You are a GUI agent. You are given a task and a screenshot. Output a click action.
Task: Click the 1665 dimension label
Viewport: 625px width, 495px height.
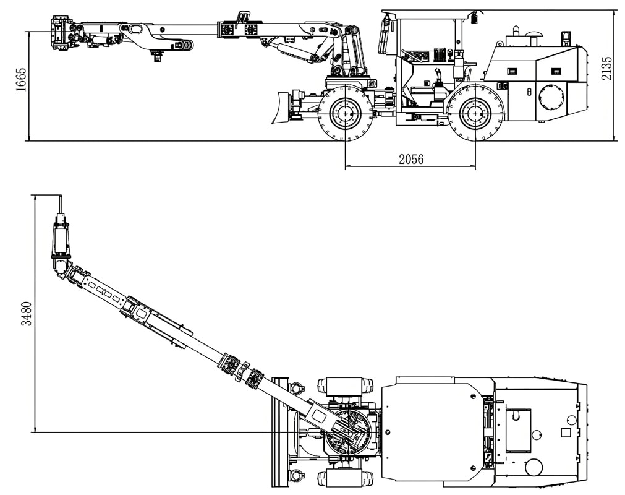point(21,79)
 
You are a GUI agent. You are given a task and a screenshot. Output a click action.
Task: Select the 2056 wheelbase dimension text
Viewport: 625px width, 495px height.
point(410,159)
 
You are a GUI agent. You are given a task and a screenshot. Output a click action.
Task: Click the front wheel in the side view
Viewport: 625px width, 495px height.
point(345,113)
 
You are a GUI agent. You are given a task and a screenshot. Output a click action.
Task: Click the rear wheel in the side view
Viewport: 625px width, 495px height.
point(475,113)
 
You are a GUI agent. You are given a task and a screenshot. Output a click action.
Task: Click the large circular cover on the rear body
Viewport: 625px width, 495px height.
point(551,98)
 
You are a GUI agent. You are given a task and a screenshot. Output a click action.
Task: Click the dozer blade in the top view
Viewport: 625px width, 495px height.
point(280,431)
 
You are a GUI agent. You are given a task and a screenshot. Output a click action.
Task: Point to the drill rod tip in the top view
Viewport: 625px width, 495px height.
point(60,201)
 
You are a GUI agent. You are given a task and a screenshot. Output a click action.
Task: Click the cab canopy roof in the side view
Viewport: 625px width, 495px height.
point(429,13)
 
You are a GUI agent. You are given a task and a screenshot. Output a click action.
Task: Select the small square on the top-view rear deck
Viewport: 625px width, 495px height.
point(565,433)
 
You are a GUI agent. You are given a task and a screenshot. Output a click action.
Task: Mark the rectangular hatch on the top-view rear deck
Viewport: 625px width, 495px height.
point(518,431)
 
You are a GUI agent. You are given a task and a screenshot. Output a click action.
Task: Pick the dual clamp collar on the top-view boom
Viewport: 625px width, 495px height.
point(242,371)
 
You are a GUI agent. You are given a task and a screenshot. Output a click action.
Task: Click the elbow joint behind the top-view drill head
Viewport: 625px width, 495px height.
point(62,265)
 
